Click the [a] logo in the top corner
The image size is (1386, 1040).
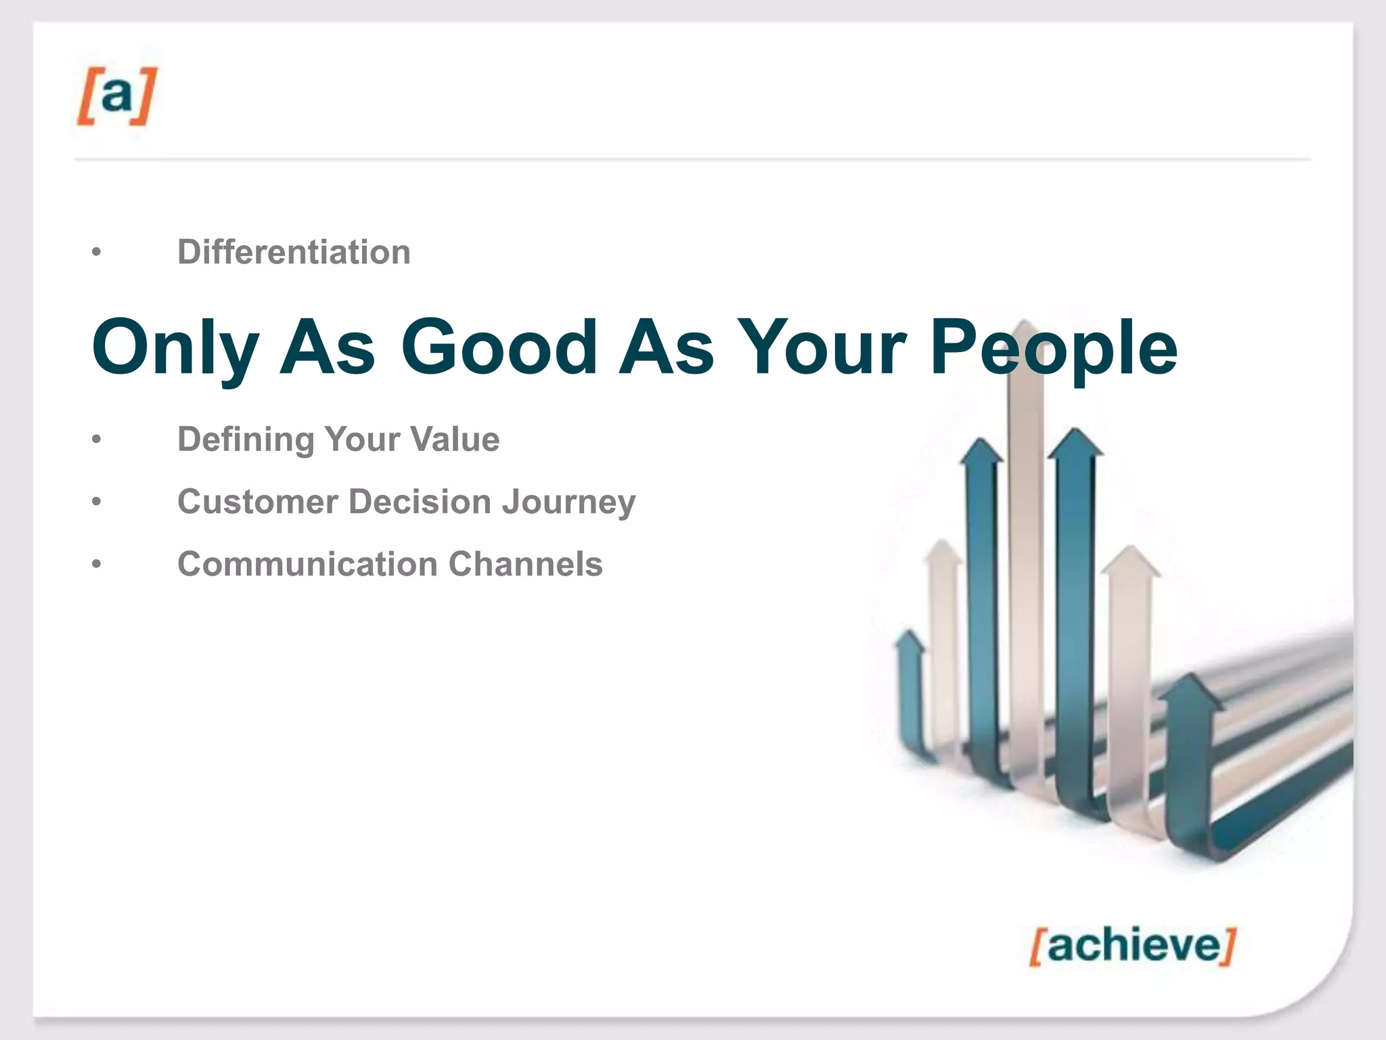click(116, 95)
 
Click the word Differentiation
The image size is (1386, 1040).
click(294, 253)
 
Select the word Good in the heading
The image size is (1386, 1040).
click(499, 347)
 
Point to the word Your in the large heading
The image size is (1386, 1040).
click(822, 347)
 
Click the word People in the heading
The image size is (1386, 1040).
click(1054, 348)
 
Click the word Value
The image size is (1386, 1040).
click(456, 439)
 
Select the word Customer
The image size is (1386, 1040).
click(257, 502)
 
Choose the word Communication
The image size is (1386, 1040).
click(307, 564)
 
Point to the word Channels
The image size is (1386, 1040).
click(525, 564)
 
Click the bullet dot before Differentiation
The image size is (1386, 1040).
click(97, 253)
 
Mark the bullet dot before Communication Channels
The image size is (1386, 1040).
click(97, 564)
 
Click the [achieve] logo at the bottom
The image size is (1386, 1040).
click(1132, 945)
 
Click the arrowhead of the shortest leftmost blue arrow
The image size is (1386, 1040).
click(909, 641)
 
